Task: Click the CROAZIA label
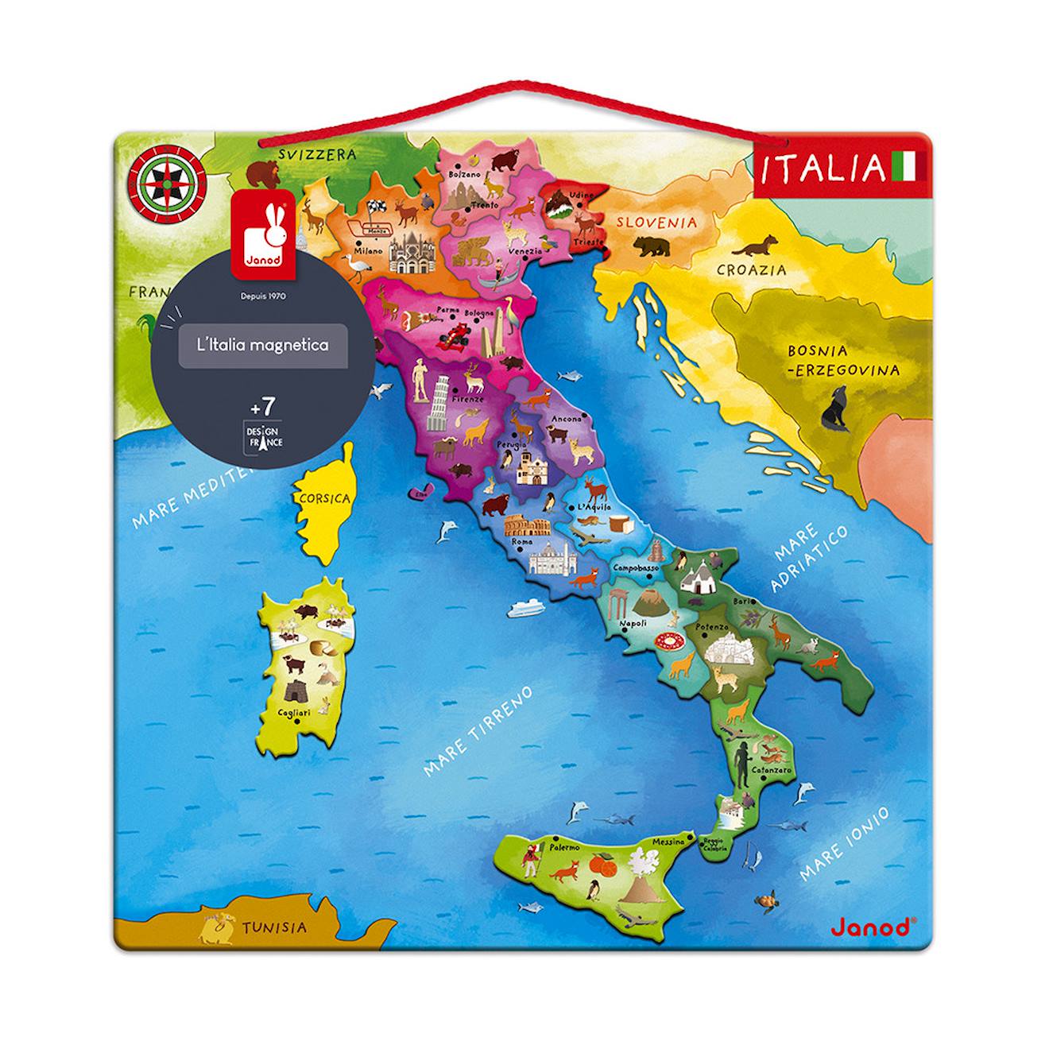[751, 269]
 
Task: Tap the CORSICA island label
[324, 499]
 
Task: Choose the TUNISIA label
[273, 927]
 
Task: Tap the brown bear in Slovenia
[649, 245]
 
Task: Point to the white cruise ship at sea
[525, 608]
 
